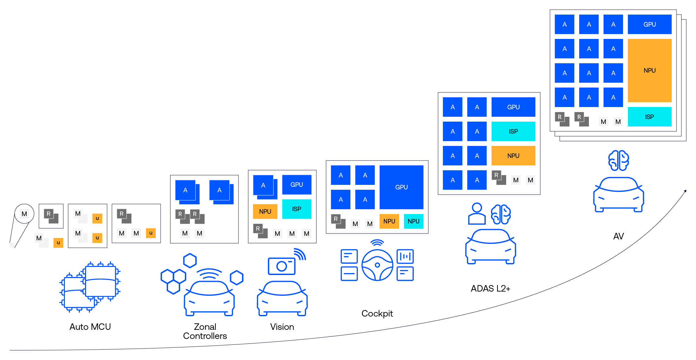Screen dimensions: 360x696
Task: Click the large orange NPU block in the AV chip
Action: click(649, 70)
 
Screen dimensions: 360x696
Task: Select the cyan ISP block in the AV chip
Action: click(649, 117)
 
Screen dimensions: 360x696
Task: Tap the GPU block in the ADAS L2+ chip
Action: click(513, 107)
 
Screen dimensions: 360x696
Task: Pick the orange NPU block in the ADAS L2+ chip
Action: click(513, 156)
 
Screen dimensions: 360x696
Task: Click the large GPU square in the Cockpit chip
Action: click(401, 187)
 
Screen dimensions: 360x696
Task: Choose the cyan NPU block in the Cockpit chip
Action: click(413, 221)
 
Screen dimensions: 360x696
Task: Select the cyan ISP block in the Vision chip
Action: click(297, 209)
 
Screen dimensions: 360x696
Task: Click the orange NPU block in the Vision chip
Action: click(265, 211)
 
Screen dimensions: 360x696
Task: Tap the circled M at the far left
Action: click(24, 214)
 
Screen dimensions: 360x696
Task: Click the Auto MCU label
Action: click(90, 327)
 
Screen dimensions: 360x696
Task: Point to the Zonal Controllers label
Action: click(205, 331)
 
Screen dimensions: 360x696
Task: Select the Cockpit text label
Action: click(377, 314)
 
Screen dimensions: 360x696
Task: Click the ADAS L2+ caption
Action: click(490, 288)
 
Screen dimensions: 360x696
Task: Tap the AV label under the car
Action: click(618, 236)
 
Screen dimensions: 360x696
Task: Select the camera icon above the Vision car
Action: click(281, 266)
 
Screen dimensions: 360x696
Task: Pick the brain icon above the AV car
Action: click(618, 161)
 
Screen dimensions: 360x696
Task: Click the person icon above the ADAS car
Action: click(477, 214)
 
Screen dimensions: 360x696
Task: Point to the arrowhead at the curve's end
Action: click(685, 191)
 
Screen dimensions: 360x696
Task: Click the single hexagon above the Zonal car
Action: click(190, 260)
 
